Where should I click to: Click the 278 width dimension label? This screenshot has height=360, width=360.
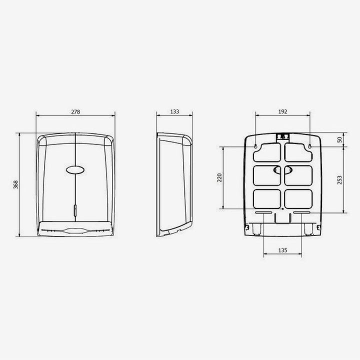[x=75, y=112]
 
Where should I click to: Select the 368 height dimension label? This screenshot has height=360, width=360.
[x=15, y=185]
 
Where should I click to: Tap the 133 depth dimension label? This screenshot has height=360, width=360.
[x=174, y=111]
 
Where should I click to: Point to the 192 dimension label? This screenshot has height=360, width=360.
[x=282, y=111]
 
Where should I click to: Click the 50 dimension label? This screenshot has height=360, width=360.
[x=339, y=139]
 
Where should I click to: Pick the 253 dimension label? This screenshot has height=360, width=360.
[x=339, y=180]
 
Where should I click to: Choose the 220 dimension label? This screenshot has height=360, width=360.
[x=219, y=177]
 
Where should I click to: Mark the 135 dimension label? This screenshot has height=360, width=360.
[x=282, y=250]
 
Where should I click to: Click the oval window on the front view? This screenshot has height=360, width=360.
[x=75, y=170]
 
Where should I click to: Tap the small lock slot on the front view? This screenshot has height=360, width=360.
[x=75, y=210]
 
